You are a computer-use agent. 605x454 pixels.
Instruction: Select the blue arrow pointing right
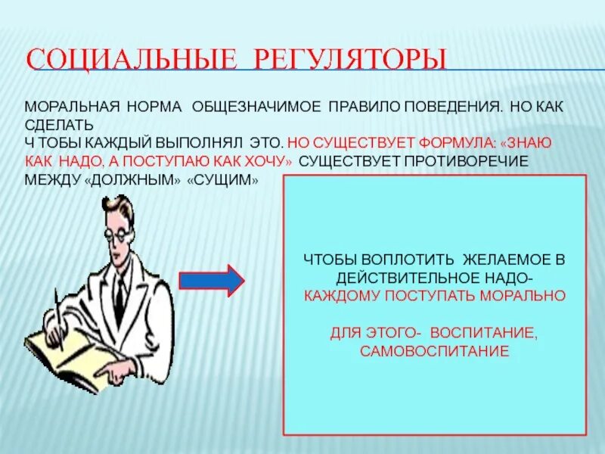211,280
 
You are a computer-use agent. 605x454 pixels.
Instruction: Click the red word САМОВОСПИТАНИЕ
434,351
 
